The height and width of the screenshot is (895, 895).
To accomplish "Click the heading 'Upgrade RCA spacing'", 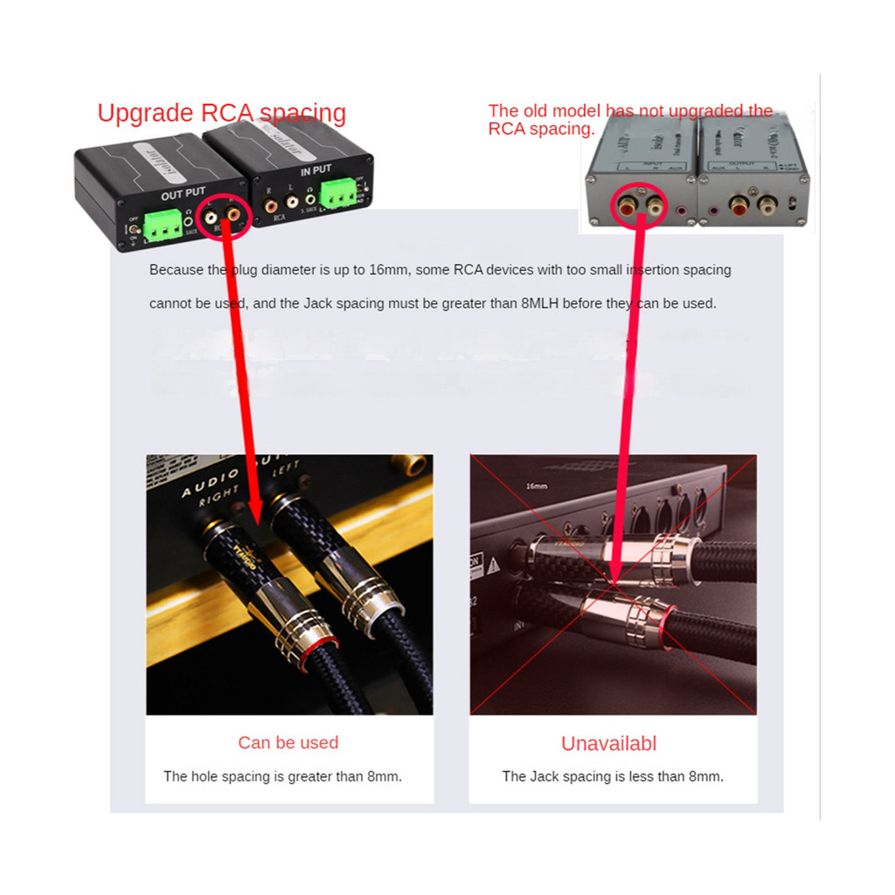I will click(221, 114).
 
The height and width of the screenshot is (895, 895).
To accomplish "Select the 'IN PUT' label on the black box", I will click(316, 171).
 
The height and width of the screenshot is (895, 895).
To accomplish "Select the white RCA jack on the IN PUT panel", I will click(290, 208).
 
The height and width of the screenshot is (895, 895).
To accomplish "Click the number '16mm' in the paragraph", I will click(388, 270).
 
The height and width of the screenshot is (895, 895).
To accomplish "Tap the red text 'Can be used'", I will click(288, 743).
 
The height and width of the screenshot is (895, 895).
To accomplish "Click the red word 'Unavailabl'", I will click(608, 744).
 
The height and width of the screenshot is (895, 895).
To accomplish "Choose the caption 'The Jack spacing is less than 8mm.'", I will click(612, 776).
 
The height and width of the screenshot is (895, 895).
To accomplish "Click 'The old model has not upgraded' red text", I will click(629, 111).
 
